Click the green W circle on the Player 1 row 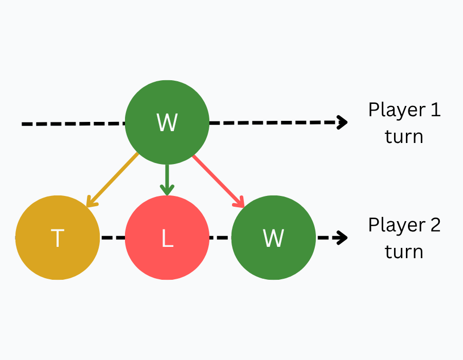[x=167, y=122]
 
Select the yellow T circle [x=57, y=238]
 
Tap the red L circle [x=167, y=238]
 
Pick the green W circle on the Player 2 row [x=273, y=238]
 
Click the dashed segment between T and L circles [x=113, y=238]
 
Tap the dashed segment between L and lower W [x=220, y=238]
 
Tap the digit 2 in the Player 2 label [x=435, y=225]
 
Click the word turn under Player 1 [x=404, y=136]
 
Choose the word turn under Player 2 [x=404, y=251]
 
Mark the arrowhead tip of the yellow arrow [x=87, y=207]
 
